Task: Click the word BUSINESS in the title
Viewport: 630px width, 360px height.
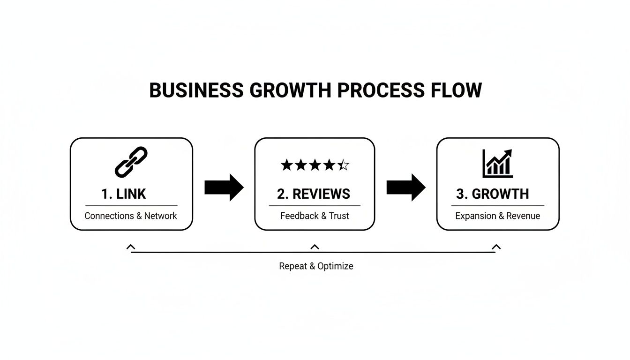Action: click(196, 90)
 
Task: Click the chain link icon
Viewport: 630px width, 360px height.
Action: click(131, 162)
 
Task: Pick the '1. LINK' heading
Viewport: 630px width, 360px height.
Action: click(124, 194)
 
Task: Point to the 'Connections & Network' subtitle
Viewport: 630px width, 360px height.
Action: click(131, 216)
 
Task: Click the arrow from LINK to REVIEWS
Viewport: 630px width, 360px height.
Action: click(224, 187)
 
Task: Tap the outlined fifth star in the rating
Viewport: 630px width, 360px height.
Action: click(344, 165)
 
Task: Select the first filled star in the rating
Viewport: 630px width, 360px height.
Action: click(286, 165)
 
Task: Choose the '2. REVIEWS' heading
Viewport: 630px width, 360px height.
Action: click(314, 194)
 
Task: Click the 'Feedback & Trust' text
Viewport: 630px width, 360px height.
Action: click(315, 216)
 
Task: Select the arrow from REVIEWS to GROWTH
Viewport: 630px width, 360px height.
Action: click(405, 187)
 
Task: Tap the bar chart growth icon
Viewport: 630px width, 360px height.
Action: click(497, 164)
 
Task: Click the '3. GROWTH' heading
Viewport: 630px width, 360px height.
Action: click(492, 194)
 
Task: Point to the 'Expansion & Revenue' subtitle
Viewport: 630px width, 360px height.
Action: click(497, 216)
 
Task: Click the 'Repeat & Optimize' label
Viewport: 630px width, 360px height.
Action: click(316, 266)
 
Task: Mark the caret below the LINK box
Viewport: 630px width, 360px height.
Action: click(131, 247)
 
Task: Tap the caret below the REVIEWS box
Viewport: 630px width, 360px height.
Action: click(315, 247)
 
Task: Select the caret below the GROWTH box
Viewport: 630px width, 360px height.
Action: click(496, 247)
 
